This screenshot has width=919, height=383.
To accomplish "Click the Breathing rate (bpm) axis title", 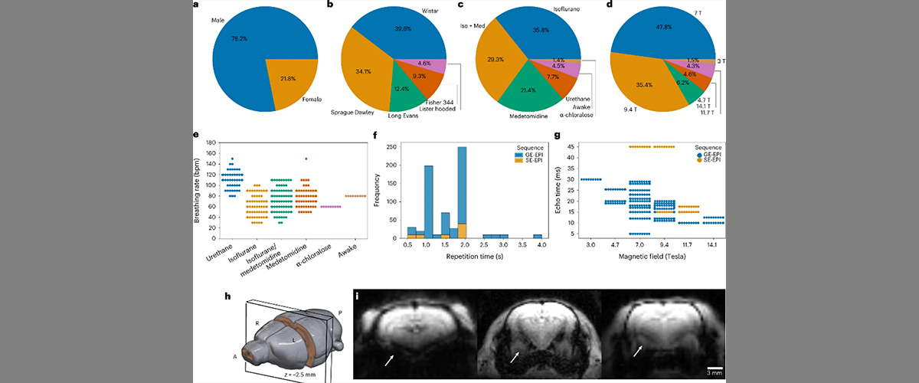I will pyautogui.click(x=197, y=190).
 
